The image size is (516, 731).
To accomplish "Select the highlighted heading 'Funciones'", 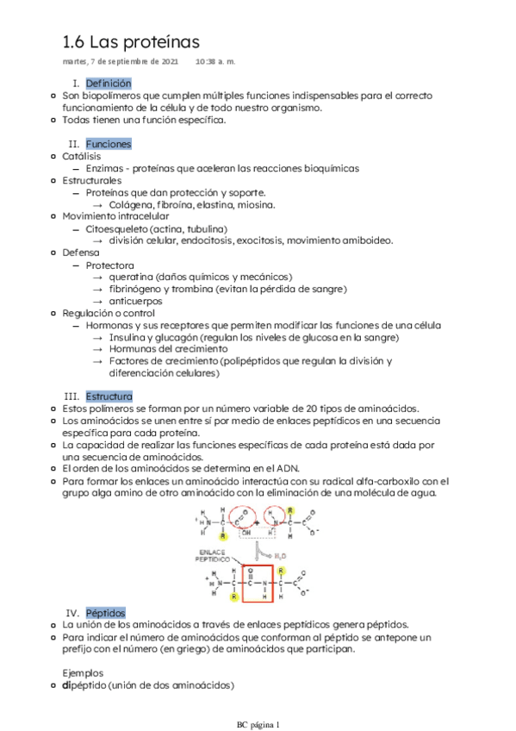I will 108,144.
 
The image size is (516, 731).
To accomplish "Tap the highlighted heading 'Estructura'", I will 109,395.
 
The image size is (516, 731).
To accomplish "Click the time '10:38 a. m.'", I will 215,62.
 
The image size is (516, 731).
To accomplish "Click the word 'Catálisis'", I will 82,157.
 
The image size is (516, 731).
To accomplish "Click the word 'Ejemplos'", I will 84,672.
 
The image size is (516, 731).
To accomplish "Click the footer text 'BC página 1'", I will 258,723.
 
